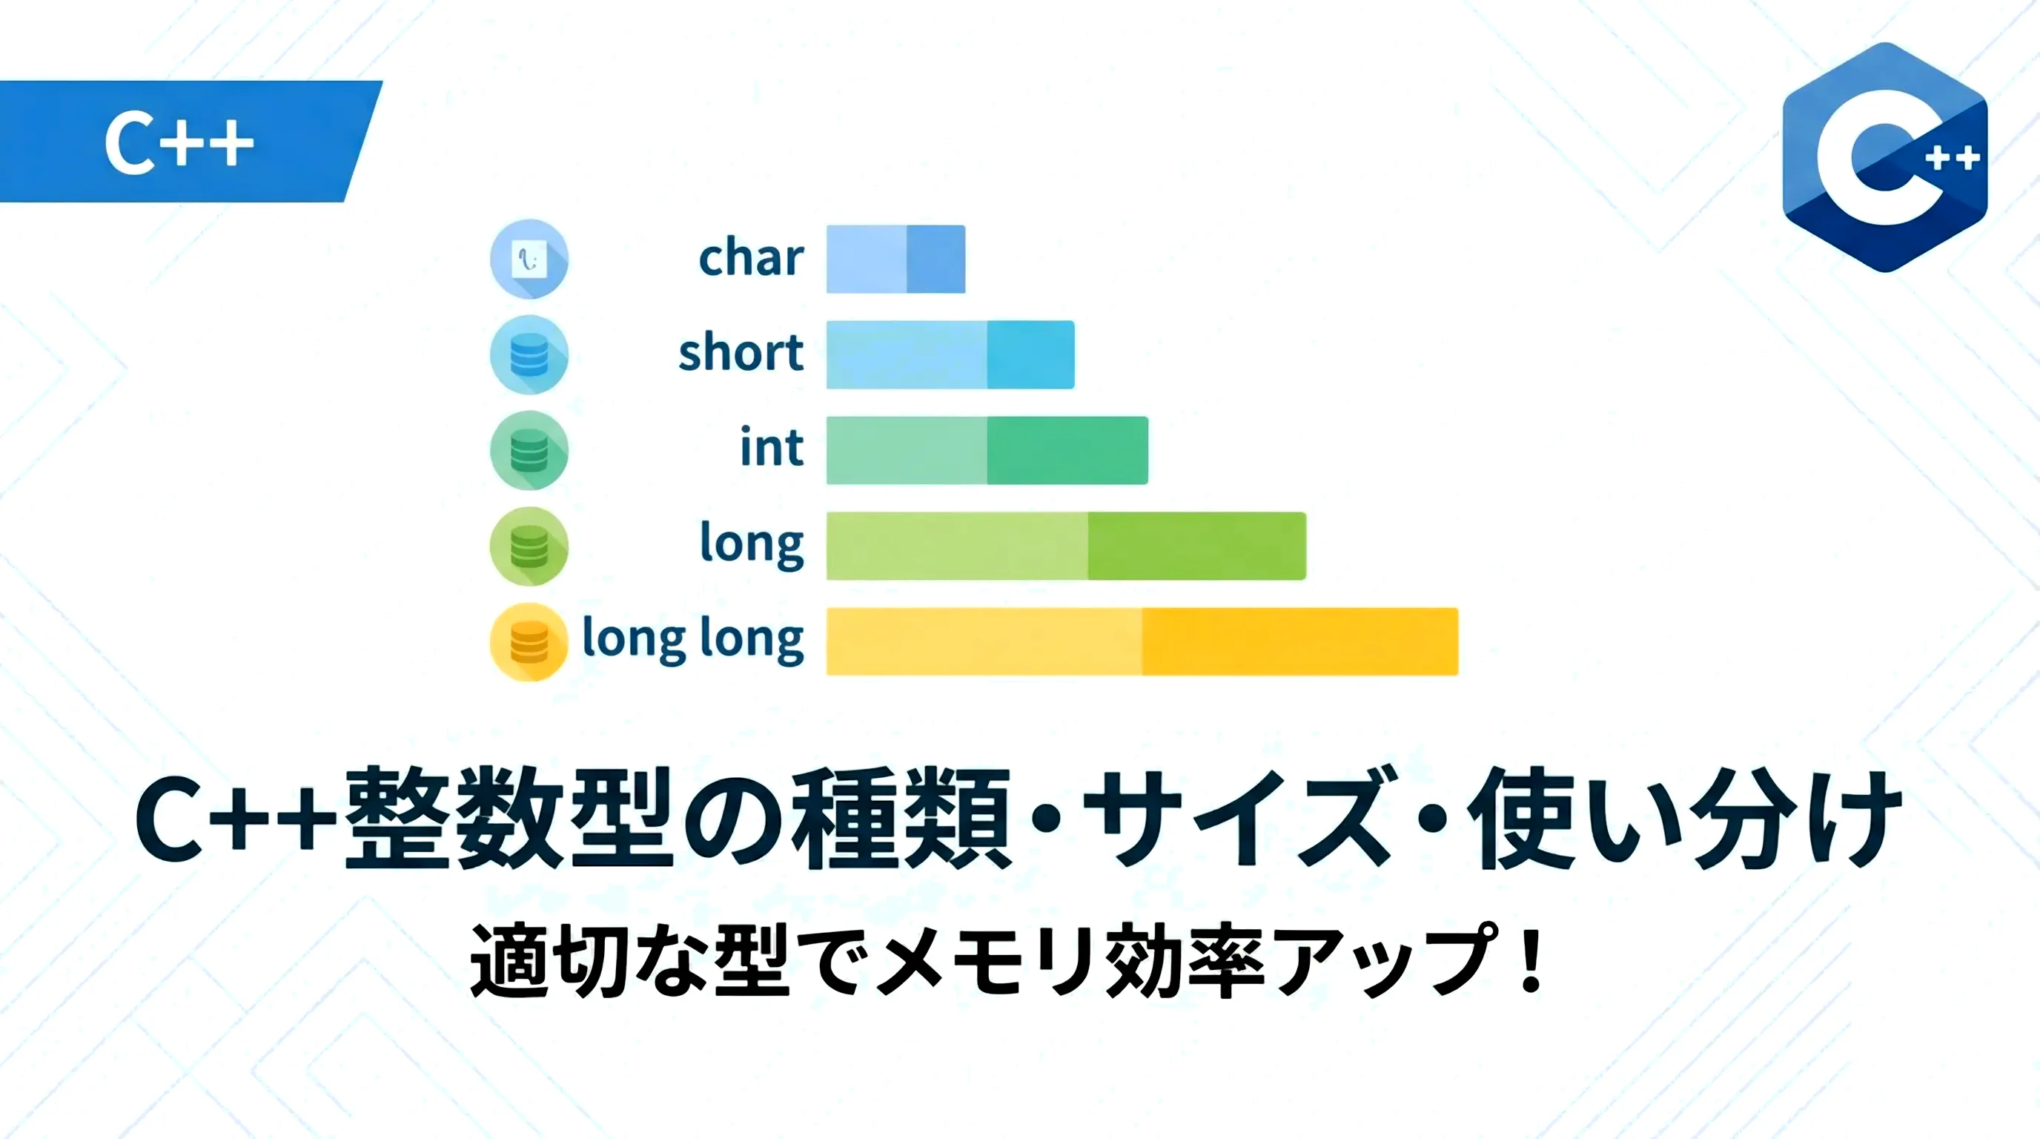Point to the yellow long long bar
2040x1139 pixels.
pyautogui.click(x=1142, y=641)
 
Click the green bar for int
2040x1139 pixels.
pyautogui.click(x=987, y=450)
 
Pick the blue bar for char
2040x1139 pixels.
pyautogui.click(x=895, y=259)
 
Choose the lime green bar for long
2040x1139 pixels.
pyautogui.click(x=1066, y=546)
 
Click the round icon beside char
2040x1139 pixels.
pyautogui.click(x=529, y=259)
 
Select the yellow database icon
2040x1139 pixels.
pyautogui.click(x=529, y=641)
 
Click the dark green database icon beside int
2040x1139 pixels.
pyautogui.click(x=529, y=451)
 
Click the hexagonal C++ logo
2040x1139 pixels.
pyautogui.click(x=1885, y=156)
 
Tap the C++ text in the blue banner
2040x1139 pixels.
pyautogui.click(x=179, y=143)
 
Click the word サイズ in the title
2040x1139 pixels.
pyautogui.click(x=1236, y=818)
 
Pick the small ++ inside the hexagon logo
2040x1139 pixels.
pyautogui.click(x=1953, y=159)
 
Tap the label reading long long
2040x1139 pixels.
pyautogui.click(x=693, y=638)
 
